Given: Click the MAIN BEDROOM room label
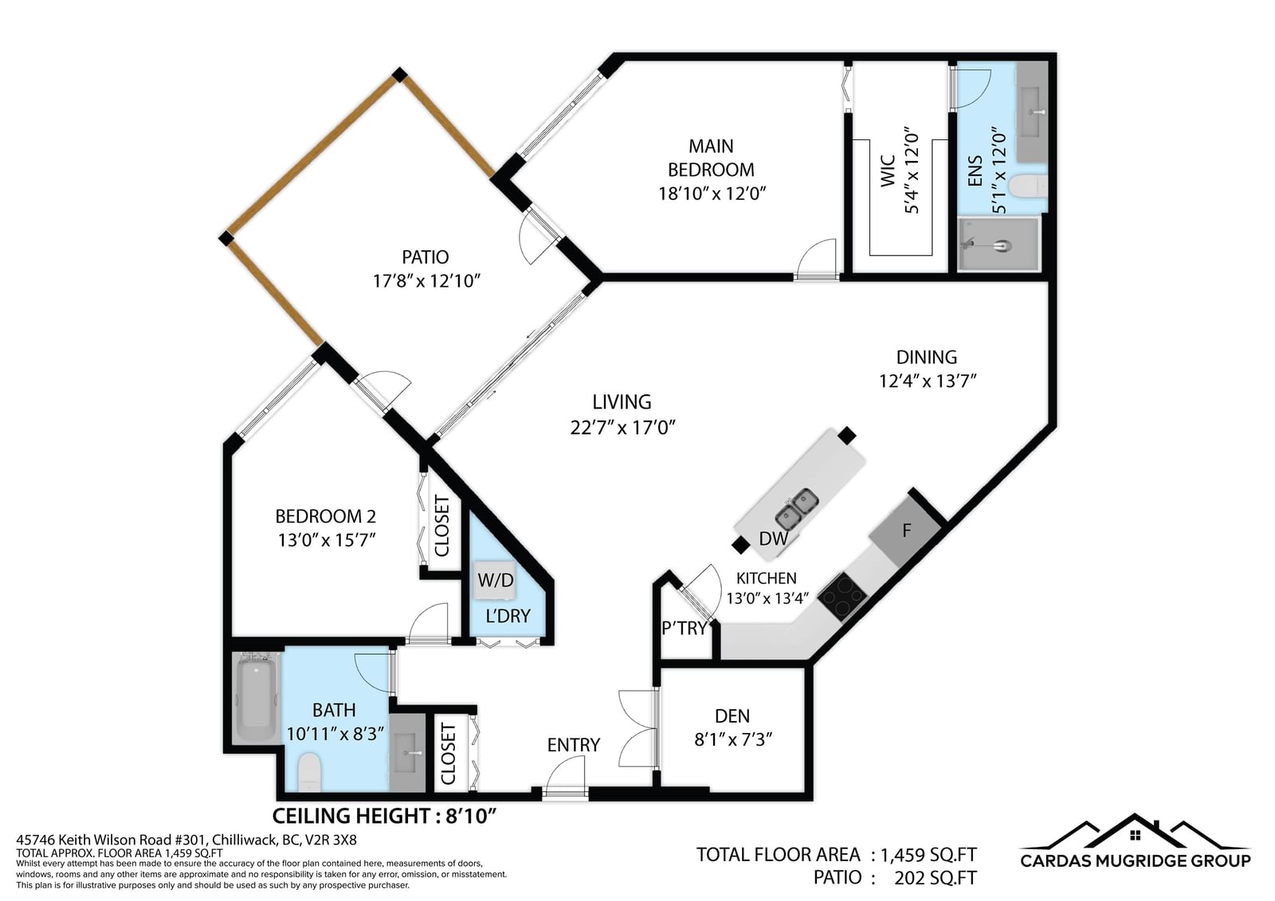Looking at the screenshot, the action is tap(711, 158).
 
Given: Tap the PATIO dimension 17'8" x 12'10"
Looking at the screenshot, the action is tap(426, 281).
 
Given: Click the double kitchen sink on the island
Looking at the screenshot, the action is tap(797, 509).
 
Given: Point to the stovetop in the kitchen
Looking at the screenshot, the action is tap(842, 596).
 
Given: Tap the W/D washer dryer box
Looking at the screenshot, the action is tap(496, 580).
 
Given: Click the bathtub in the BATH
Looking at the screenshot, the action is tap(257, 698).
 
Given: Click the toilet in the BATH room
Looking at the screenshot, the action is tap(310, 772).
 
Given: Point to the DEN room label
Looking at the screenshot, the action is tap(732, 716).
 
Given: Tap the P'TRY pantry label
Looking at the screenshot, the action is tap(685, 628).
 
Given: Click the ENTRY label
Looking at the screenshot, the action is tap(574, 745).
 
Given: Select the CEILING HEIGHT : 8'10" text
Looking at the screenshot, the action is tap(385, 817).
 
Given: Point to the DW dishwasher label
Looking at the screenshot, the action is tap(774, 539).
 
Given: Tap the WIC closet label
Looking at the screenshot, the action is tap(888, 170).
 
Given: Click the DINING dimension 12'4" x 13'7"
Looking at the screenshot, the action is tap(928, 381).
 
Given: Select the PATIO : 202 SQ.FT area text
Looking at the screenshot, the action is tap(895, 878).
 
